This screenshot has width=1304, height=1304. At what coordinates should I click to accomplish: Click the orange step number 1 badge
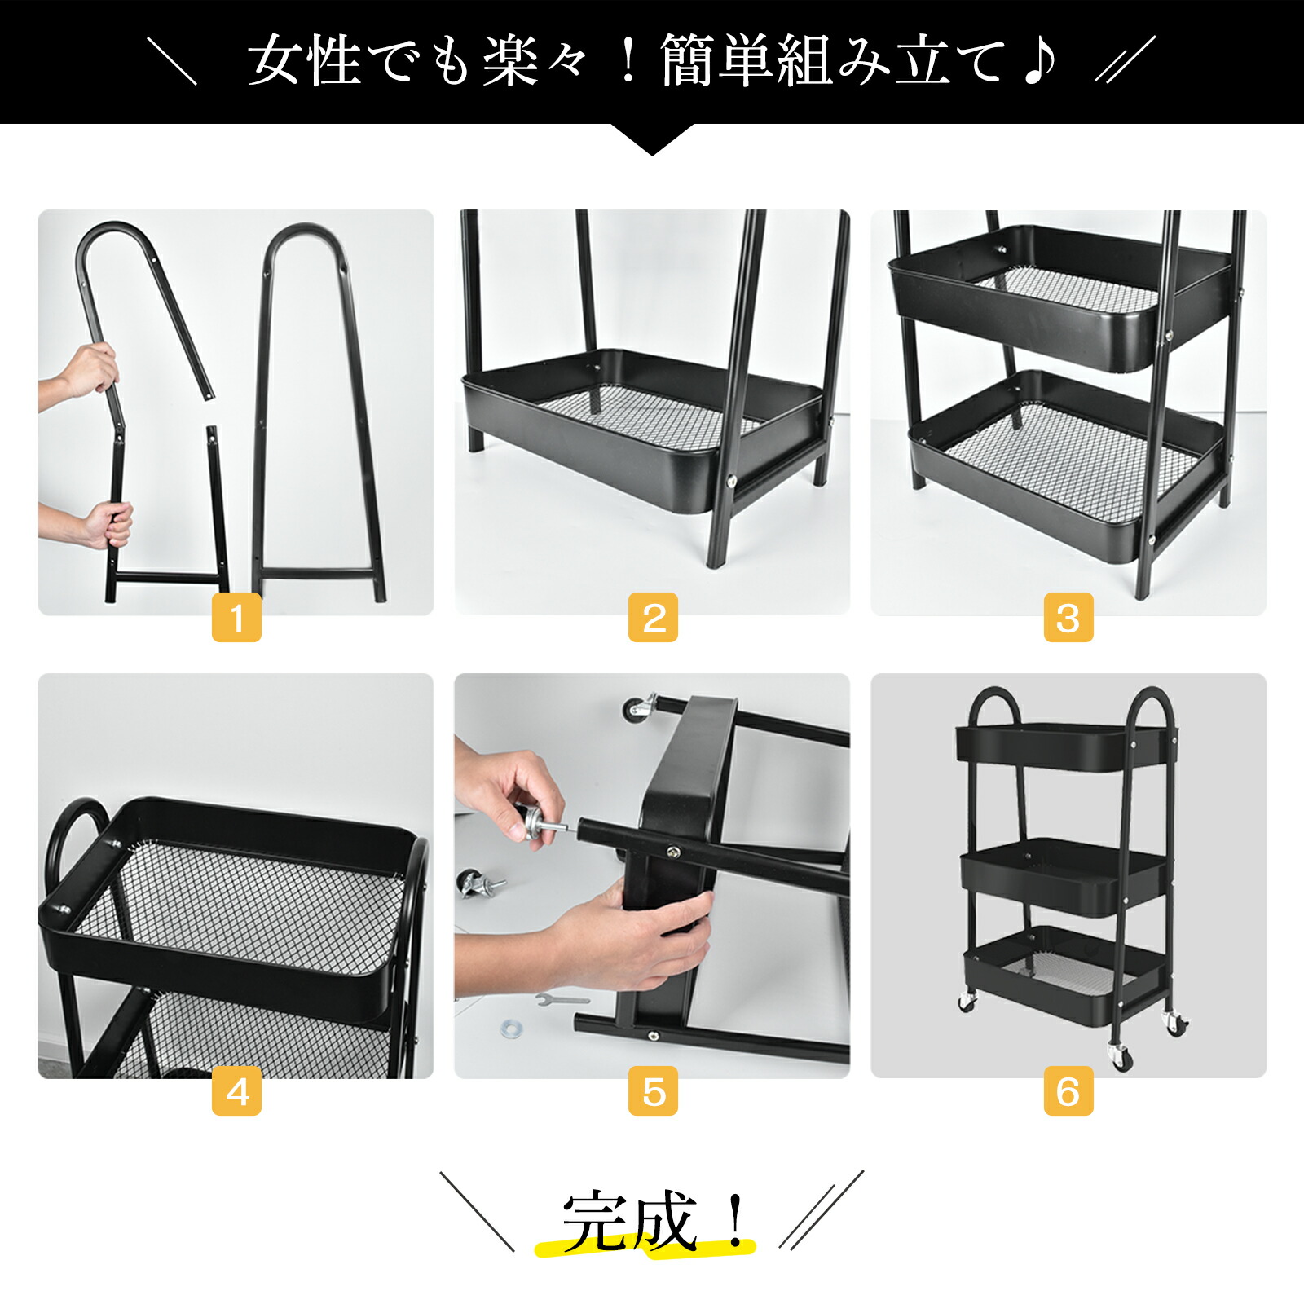236,617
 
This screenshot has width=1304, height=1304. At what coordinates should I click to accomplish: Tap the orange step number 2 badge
653,617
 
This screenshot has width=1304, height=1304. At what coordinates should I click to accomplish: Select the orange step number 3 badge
1068,617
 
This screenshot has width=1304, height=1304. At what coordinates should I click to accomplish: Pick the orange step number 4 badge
236,1090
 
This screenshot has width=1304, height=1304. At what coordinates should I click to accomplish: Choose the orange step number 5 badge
653,1090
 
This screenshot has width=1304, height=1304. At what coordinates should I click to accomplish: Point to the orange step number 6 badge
1068,1090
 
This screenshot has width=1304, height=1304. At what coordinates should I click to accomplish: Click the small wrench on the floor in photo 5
562,998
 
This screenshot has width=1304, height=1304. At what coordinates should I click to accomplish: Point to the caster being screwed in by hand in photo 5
538,823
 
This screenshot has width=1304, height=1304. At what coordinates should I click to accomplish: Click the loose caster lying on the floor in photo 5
478,883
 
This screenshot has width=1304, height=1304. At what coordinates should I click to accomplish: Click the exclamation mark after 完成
736,1220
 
